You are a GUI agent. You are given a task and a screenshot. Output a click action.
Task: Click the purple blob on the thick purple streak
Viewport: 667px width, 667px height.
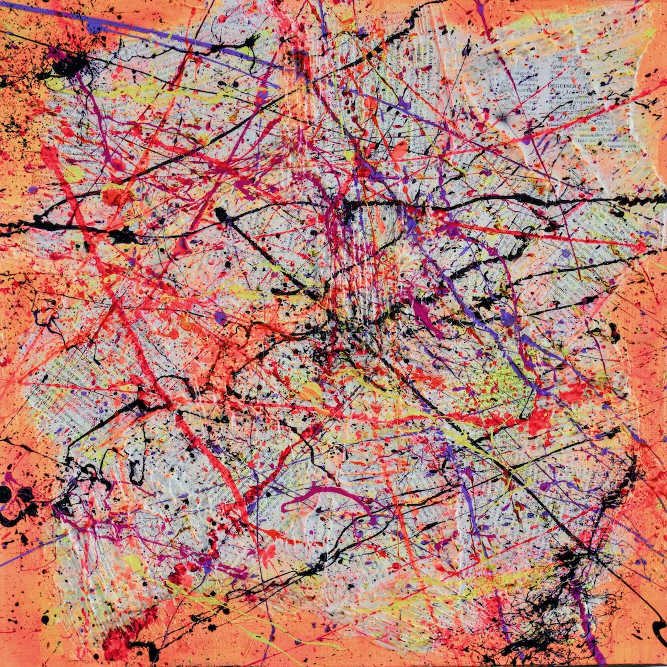[x=94, y=26]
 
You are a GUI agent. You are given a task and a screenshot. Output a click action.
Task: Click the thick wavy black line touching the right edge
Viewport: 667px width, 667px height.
[x=634, y=200]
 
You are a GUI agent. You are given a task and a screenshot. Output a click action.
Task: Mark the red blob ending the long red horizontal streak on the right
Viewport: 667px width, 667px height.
[x=640, y=247]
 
